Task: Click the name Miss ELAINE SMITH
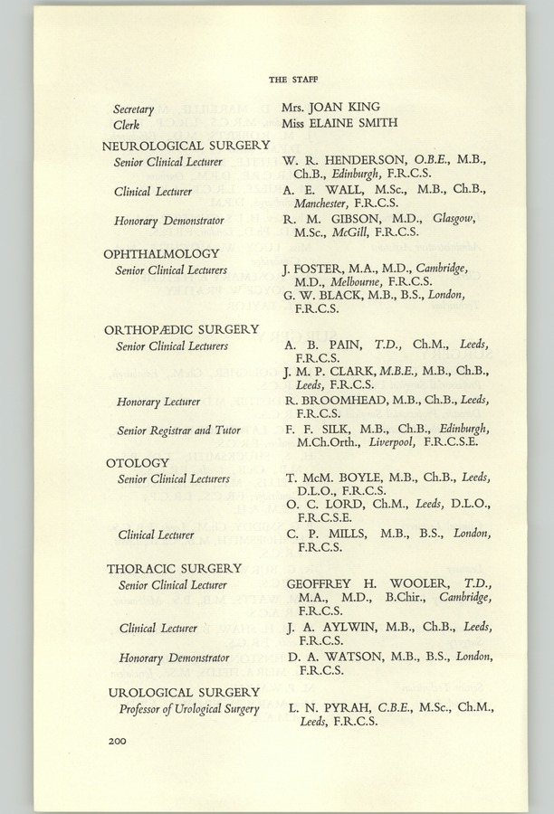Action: (338, 123)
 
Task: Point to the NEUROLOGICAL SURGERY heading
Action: (186, 145)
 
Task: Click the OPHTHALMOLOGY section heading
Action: (161, 253)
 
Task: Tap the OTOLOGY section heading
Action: (137, 463)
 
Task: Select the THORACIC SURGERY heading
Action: (174, 568)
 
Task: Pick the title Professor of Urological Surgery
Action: (188, 708)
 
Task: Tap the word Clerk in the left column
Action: (126, 124)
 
